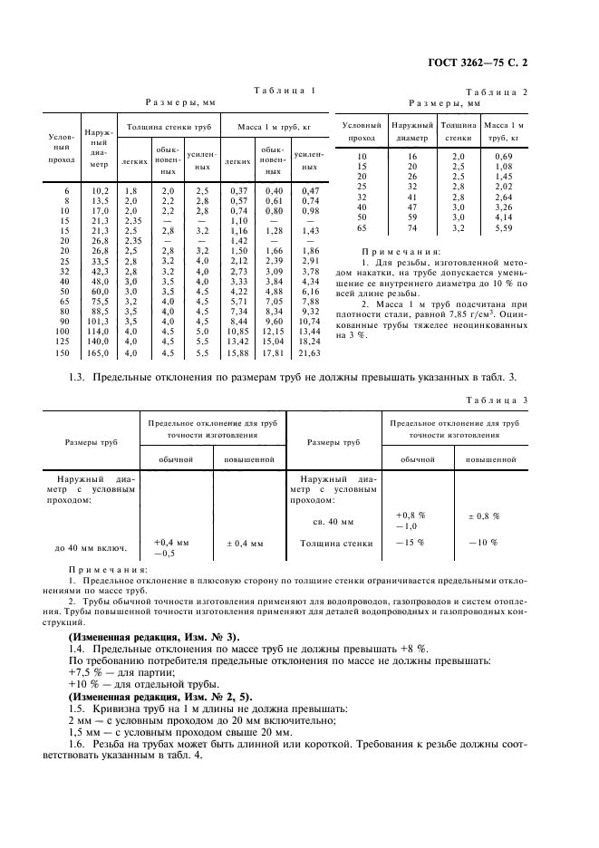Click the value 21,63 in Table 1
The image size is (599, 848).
310,352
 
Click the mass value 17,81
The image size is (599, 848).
273,352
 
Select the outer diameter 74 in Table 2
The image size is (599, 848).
411,229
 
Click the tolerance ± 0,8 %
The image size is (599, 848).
483,516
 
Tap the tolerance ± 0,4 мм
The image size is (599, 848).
245,544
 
